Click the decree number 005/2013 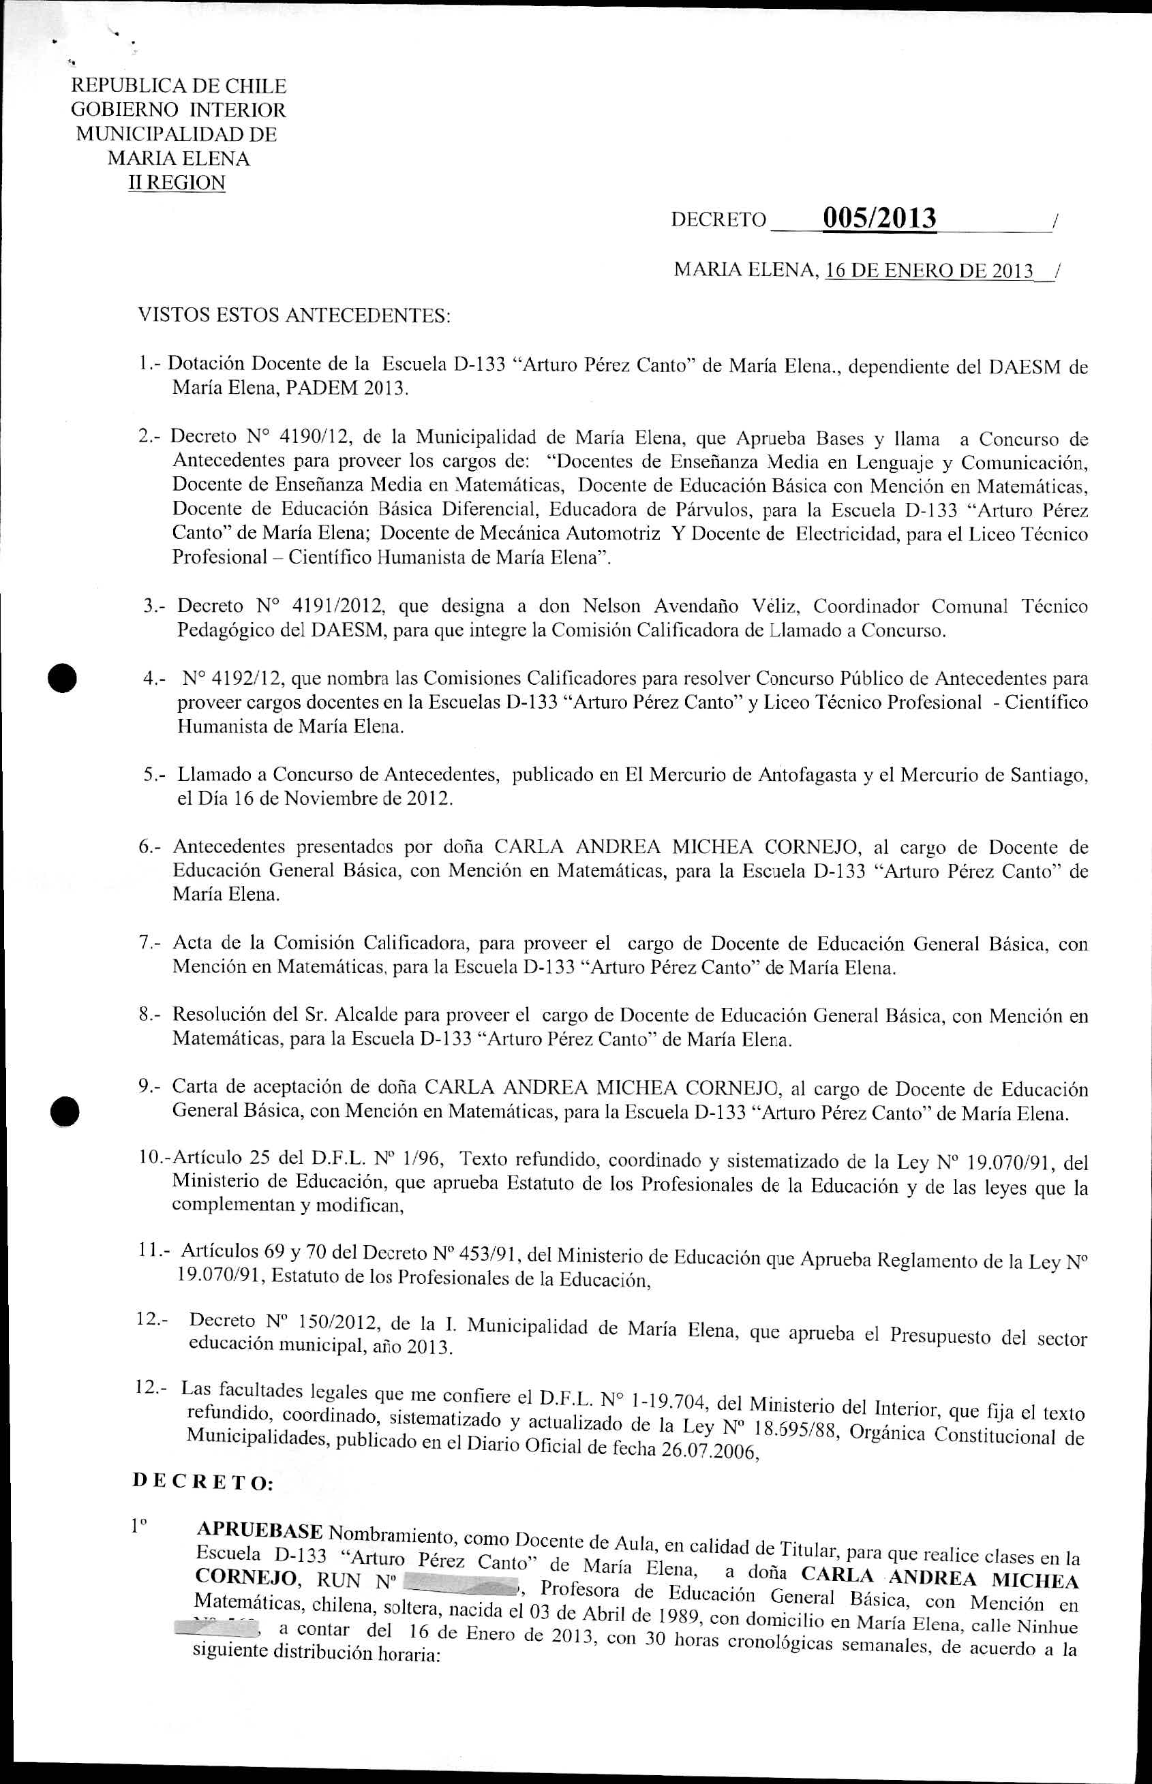pos(879,217)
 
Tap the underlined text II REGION pos(177,183)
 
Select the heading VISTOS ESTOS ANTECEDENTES pos(294,316)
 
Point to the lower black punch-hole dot pos(64,1109)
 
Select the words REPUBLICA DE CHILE pos(178,86)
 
